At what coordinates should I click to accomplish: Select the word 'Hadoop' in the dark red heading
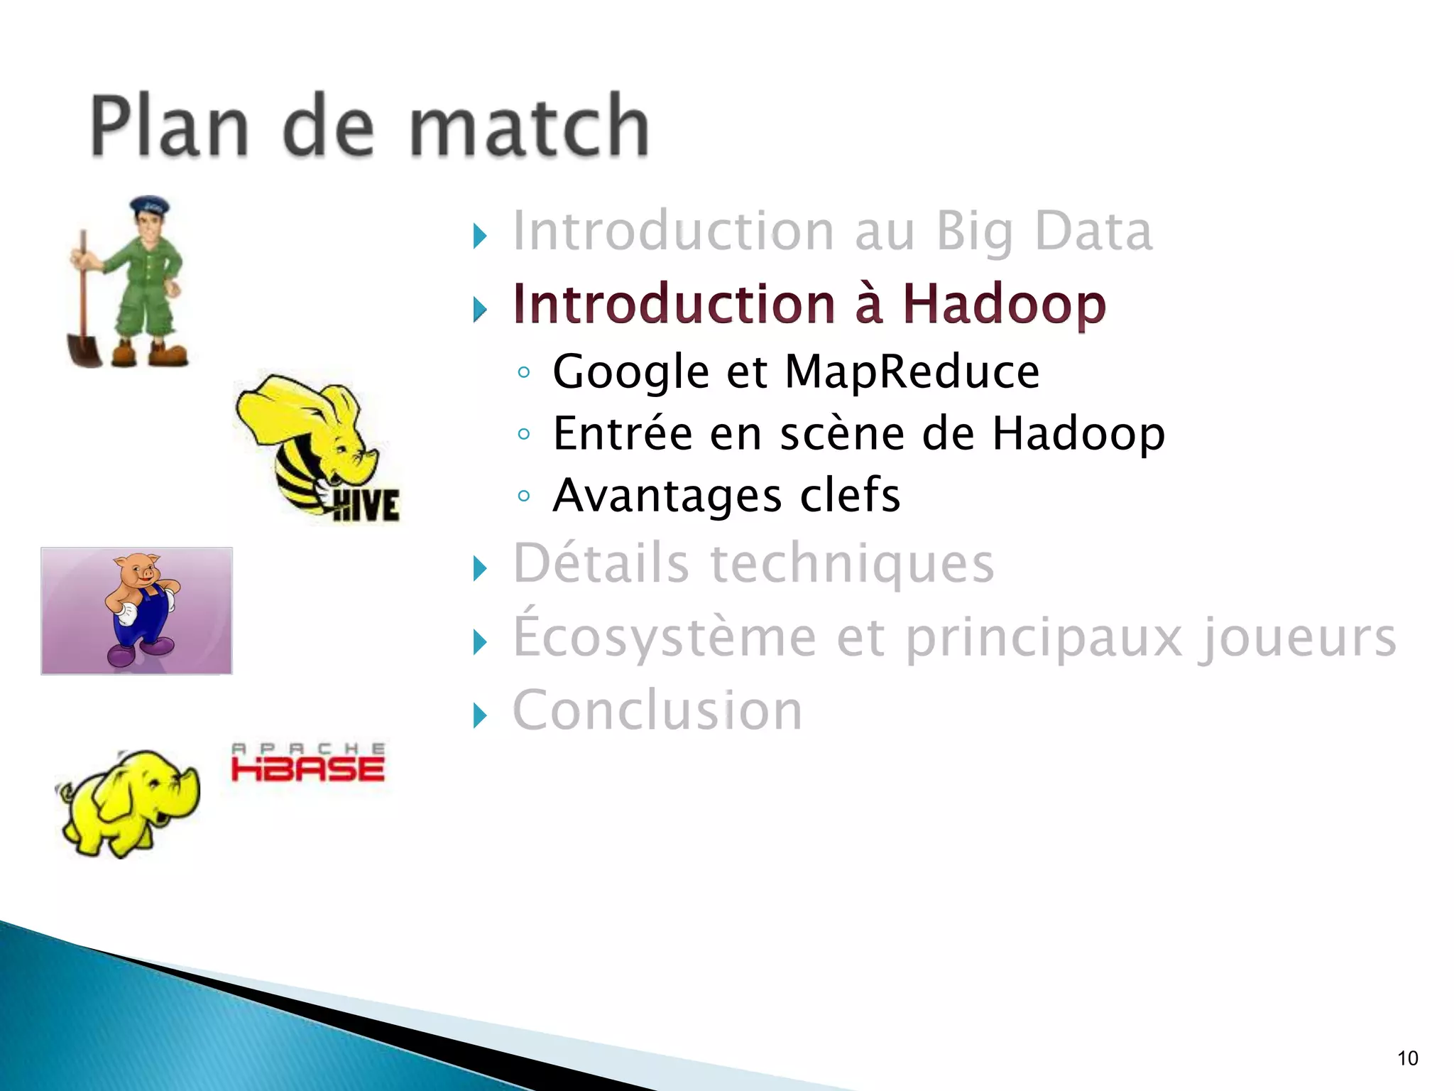[1004, 304]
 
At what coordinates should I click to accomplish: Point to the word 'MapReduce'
[912, 371]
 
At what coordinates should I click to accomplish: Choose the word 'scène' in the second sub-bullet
[842, 433]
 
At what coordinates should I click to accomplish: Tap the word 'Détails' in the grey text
[601, 563]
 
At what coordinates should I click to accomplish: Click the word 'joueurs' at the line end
[1296, 637]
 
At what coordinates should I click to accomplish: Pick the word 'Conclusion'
[657, 710]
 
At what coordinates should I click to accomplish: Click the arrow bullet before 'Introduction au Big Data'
[480, 236]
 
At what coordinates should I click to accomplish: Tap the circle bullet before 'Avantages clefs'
[524, 496]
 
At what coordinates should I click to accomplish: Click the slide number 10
[1407, 1058]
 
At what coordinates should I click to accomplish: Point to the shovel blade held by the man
[84, 349]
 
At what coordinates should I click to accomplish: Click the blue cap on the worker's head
[150, 207]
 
